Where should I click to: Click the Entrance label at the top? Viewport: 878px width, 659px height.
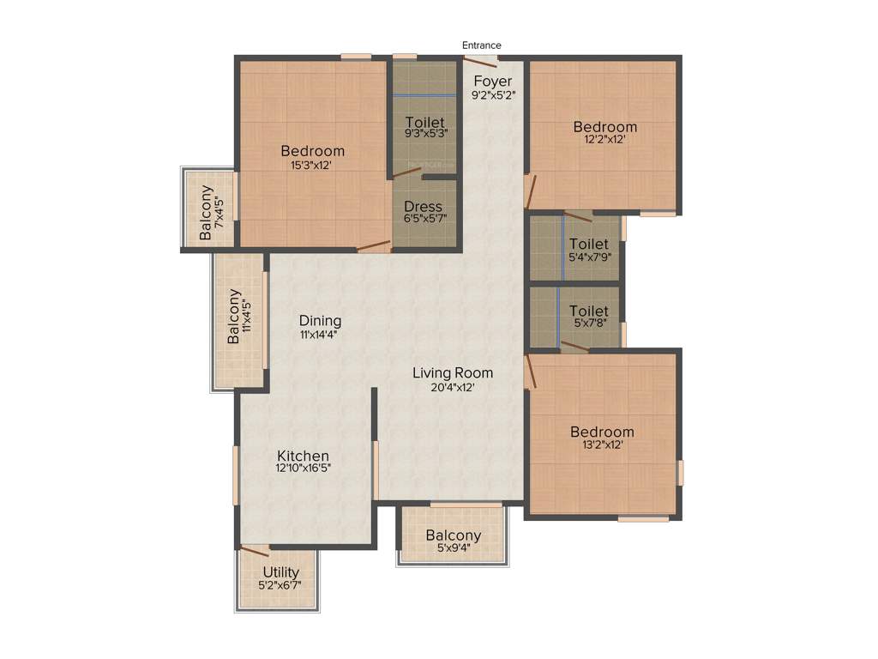pos(481,45)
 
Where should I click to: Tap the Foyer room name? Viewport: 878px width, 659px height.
pos(493,82)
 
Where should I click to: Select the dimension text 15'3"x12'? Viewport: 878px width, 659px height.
pos(312,166)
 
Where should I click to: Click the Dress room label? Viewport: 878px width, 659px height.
pos(424,207)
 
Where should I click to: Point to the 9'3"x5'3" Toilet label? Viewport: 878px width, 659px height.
pos(424,122)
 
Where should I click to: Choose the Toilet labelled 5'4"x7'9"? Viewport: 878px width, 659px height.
pos(589,245)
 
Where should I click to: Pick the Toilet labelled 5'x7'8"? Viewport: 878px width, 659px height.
pos(589,311)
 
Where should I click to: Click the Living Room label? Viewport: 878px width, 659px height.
pos(453,372)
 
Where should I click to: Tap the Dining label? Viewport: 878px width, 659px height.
pos(320,321)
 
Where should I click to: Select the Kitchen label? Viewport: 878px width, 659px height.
pos(303,456)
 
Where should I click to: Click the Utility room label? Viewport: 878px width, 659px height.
pos(280,572)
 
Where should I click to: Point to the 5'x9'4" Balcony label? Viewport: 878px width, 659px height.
pos(454,536)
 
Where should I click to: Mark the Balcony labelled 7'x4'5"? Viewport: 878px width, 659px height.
pos(207,213)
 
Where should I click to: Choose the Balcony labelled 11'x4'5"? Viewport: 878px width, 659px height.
pos(234,317)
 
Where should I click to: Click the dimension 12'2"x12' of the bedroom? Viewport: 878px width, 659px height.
pos(605,140)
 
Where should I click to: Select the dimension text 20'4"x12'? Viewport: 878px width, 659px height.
pos(453,387)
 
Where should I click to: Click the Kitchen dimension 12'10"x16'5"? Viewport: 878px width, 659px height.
pos(303,469)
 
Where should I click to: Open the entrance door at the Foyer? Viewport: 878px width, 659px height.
pos(481,59)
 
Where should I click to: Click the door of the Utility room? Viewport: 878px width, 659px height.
pos(255,551)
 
